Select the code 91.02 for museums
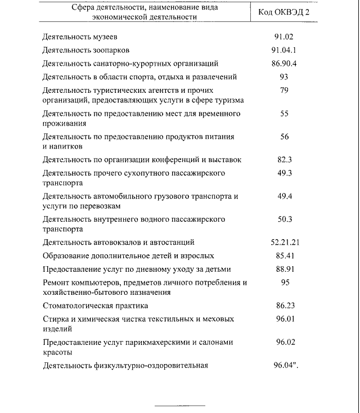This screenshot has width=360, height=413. click(284, 38)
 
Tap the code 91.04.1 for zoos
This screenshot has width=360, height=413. click(284, 51)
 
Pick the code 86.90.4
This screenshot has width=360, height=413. click(284, 64)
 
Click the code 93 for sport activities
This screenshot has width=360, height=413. click(284, 77)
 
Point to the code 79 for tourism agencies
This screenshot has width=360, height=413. click(284, 90)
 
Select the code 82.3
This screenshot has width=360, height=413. click(284, 160)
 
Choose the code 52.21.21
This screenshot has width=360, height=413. click(284, 243)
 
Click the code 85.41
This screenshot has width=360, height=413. click(284, 255)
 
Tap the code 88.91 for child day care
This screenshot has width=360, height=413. click(284, 269)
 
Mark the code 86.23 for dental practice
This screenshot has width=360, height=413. click(284, 306)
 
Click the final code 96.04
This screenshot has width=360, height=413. click(285, 365)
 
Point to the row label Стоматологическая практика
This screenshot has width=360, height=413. click(96, 306)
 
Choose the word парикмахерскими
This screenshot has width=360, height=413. click(167, 342)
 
